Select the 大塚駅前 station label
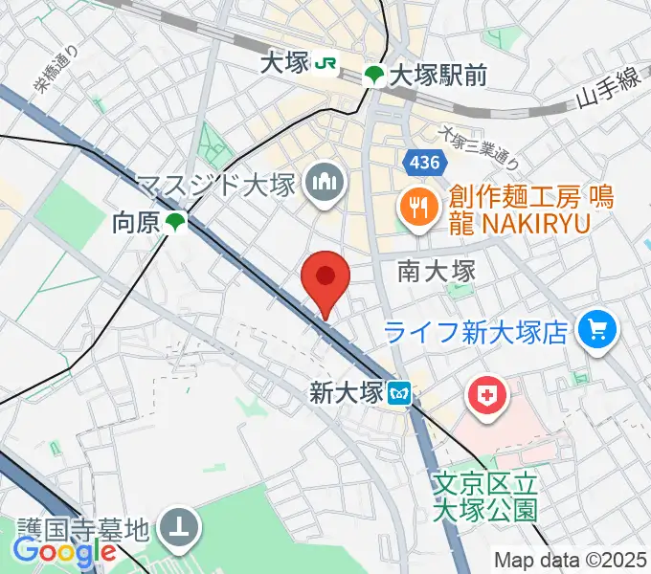click(437, 74)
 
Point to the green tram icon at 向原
click(174, 224)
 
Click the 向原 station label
click(135, 224)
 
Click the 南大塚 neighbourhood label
click(437, 272)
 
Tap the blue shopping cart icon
click(599, 331)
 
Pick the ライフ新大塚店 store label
click(479, 332)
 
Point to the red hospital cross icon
click(487, 397)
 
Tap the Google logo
click(64, 552)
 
